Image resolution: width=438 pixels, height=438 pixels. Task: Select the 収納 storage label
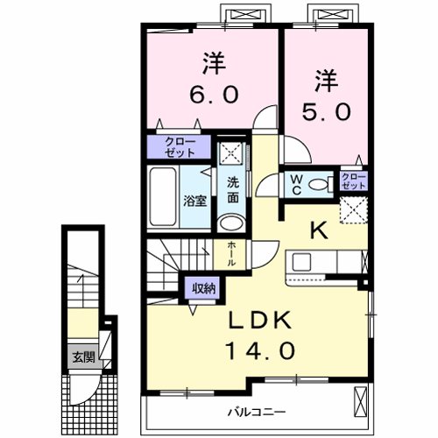pyautogui.click(x=200, y=287)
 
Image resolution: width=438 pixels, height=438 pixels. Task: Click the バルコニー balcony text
pyautogui.click(x=258, y=410)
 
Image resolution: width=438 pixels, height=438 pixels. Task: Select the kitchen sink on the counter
pyautogui.click(x=300, y=262)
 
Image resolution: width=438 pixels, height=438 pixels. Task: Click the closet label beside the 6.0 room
pyautogui.click(x=174, y=145)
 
